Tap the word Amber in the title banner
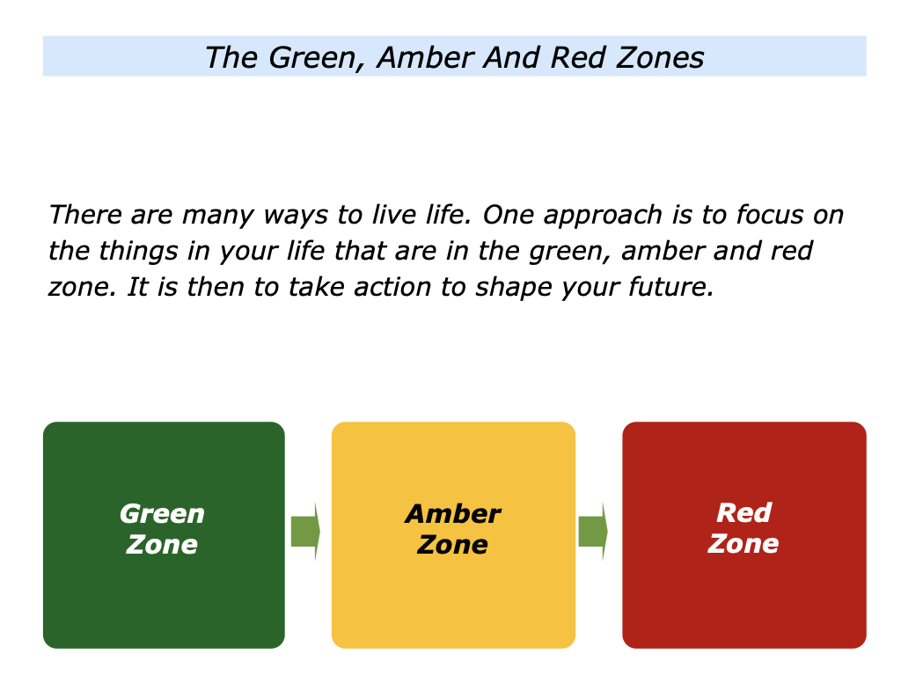click(426, 57)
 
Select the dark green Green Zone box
click(164, 534)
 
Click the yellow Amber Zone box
click(453, 534)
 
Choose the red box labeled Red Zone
click(744, 534)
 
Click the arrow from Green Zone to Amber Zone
click(305, 531)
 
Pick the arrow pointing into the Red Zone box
click(593, 531)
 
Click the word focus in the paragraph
click(770, 215)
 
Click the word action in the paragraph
click(392, 287)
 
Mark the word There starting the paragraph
click(85, 215)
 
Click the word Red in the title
click(578, 57)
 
